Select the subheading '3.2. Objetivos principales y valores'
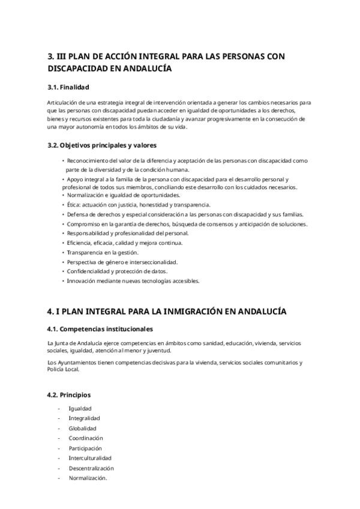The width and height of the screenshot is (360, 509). (x=101, y=145)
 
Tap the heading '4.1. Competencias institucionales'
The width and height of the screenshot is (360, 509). (x=100, y=329)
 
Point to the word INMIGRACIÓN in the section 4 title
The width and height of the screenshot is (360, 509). (x=189, y=311)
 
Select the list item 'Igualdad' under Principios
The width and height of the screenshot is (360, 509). (x=80, y=408)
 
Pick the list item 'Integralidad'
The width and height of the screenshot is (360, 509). (x=84, y=418)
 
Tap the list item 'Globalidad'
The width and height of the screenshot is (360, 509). (x=83, y=428)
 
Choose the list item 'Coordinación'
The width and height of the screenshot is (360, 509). (x=86, y=438)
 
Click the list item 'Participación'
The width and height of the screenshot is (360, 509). (x=85, y=448)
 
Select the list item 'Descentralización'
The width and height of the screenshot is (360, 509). (x=91, y=468)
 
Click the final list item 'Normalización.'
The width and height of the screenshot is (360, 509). (x=88, y=478)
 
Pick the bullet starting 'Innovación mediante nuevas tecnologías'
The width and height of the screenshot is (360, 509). (x=133, y=280)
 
